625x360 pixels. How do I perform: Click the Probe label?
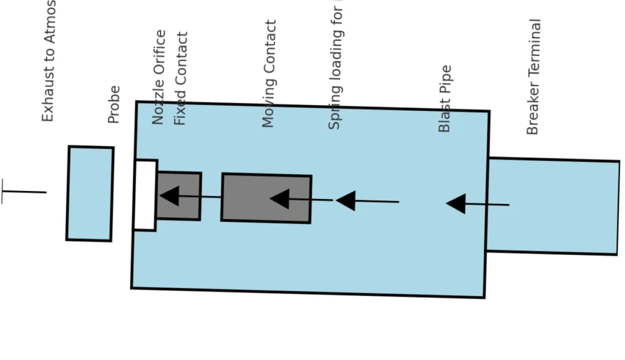coord(114,104)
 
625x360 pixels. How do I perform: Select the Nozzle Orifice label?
coord(159,77)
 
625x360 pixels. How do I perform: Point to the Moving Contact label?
coord(269,74)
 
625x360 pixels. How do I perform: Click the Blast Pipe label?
coord(445,99)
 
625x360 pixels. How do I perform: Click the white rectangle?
coord(145,195)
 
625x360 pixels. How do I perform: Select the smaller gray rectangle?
coord(179,196)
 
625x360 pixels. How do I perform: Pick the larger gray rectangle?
coord(266,198)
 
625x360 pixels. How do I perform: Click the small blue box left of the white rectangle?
coord(90,193)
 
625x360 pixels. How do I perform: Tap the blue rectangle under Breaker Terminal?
coord(552,206)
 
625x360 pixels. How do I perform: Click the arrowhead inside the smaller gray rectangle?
coord(168,196)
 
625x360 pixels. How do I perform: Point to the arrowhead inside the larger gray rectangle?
coord(280,198)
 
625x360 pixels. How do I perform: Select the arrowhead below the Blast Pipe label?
coord(455,204)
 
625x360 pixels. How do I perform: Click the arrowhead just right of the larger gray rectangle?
coord(345,200)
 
